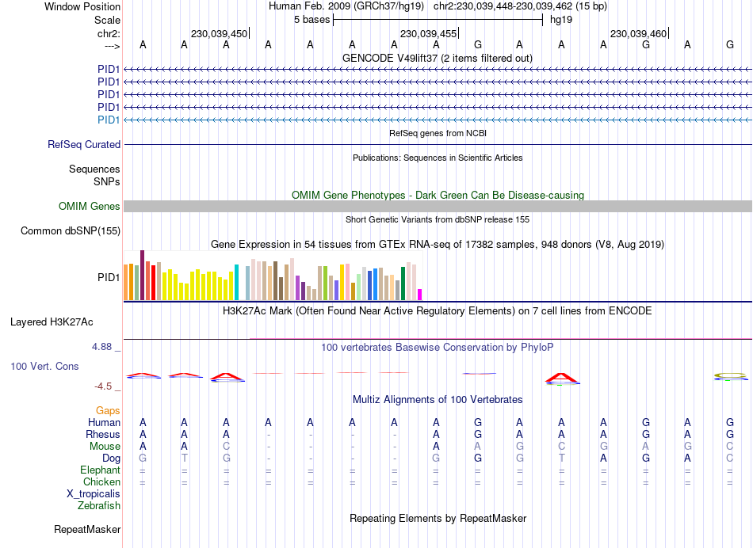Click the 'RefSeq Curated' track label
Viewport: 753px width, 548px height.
coord(84,145)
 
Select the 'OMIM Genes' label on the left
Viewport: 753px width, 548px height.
coord(90,207)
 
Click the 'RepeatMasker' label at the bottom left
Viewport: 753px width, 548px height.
coord(87,529)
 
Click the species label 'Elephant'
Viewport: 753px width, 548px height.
coord(101,470)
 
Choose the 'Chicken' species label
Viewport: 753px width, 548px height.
coord(102,482)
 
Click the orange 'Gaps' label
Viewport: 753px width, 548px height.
coord(109,410)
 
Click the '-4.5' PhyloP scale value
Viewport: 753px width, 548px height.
coord(103,386)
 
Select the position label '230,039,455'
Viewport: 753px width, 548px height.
coord(428,34)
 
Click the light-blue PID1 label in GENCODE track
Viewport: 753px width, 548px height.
coord(109,120)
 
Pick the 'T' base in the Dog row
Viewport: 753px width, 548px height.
coord(184,459)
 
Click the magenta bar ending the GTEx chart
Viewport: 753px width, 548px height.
coord(420,295)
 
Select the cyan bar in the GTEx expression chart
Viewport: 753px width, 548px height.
coord(236,283)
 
